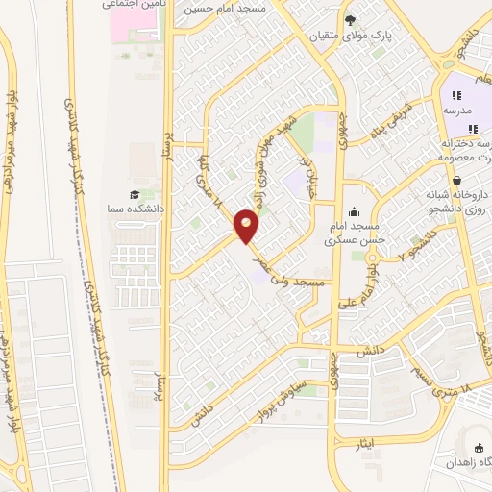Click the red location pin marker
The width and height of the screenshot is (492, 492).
247,228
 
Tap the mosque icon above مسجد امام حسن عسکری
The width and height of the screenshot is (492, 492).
355,211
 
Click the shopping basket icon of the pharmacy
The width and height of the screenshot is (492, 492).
456,179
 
